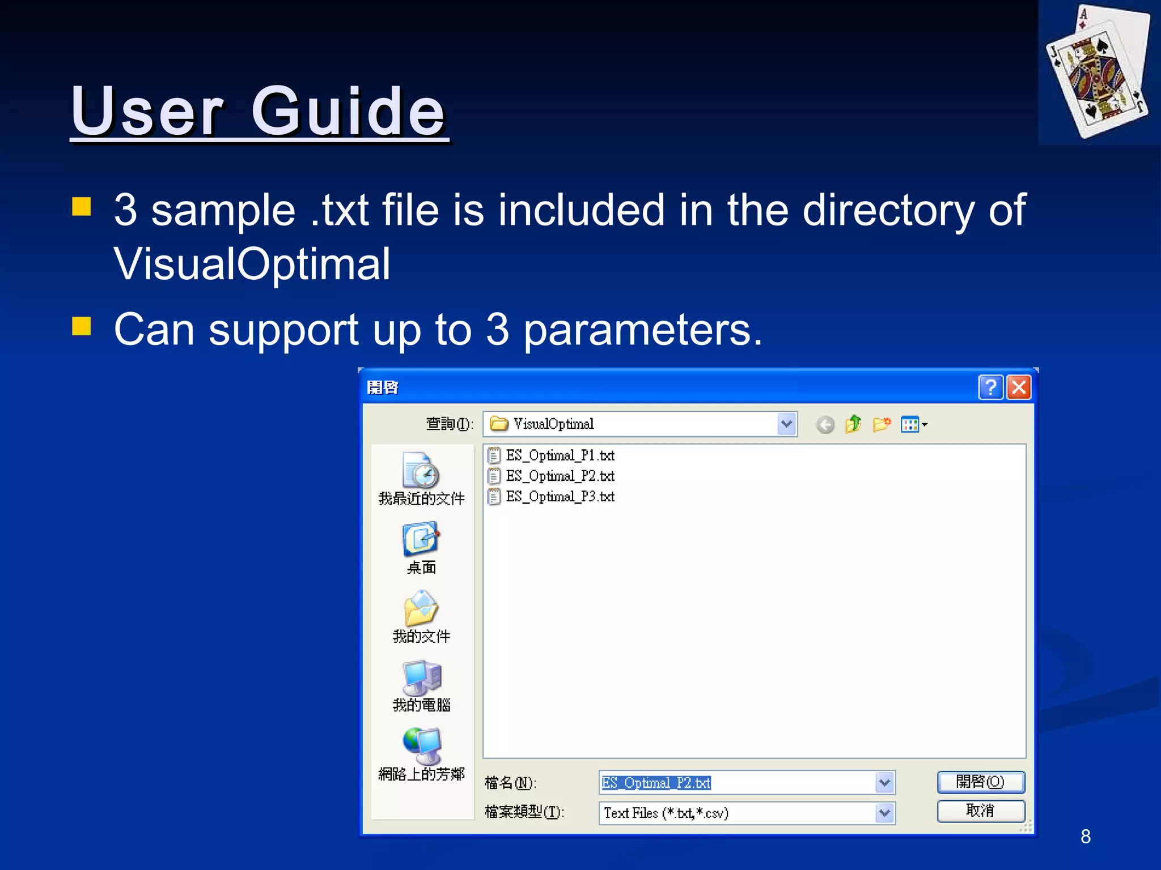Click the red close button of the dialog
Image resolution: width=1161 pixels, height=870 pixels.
click(1019, 387)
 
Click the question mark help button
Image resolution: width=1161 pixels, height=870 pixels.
click(990, 387)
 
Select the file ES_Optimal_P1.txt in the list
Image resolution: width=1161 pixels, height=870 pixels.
click(560, 455)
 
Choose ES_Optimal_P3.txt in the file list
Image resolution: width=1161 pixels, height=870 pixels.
click(560, 497)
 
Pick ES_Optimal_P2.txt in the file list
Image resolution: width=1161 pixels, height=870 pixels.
click(560, 476)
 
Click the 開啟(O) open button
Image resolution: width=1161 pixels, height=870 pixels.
click(981, 782)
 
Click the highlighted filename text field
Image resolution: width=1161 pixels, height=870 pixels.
click(737, 783)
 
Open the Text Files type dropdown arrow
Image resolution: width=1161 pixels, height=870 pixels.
click(885, 813)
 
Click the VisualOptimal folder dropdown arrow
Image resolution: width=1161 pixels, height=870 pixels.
click(786, 424)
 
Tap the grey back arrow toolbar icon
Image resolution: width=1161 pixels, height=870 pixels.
click(825, 424)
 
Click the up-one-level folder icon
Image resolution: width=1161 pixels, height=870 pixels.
click(853, 424)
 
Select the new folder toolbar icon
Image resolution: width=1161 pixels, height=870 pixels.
click(882, 424)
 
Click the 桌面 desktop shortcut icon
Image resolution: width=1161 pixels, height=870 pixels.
click(421, 540)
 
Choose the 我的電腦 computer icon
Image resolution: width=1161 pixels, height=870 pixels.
click(421, 678)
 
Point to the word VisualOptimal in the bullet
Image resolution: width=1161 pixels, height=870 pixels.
click(252, 264)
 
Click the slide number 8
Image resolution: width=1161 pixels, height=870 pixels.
click(1086, 837)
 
